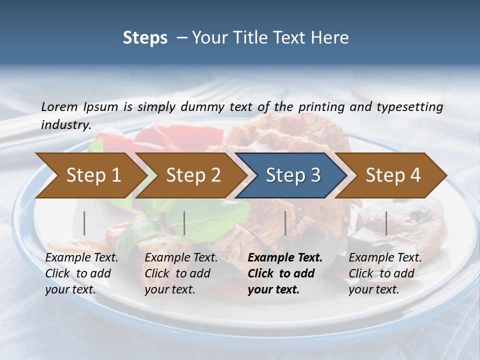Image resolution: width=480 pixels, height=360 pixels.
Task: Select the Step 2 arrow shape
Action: [193, 175]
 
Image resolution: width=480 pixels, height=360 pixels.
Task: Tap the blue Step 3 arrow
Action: [293, 175]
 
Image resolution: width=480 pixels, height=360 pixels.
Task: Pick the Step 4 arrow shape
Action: [393, 175]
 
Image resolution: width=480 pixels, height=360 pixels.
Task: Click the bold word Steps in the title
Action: [145, 38]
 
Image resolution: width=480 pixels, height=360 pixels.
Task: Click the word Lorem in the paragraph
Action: [59, 106]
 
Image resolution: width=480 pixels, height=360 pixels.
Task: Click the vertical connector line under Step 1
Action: [84, 223]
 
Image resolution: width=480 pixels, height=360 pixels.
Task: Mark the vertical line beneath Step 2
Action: [184, 223]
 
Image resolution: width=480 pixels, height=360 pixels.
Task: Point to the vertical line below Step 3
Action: [285, 223]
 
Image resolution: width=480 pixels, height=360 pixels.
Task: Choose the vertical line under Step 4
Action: [386, 223]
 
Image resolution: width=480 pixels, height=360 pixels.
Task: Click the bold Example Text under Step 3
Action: [285, 258]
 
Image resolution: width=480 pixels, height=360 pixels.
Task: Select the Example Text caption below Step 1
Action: [82, 258]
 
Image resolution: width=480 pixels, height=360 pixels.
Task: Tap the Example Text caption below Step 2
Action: [181, 258]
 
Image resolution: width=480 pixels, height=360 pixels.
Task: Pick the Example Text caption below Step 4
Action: [385, 258]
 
